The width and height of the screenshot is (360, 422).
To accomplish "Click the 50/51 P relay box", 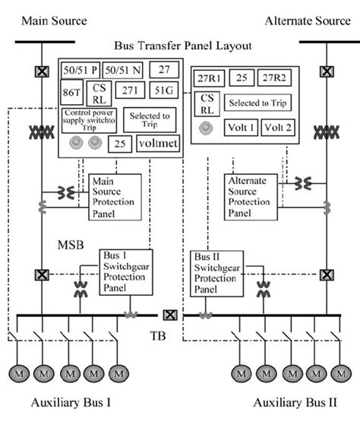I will click(x=80, y=71).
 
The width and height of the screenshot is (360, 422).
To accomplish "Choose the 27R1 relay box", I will click(x=207, y=78).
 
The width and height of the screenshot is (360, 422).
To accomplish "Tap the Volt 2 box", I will click(x=277, y=128).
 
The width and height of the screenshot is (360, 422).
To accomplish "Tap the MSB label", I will click(x=71, y=246).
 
